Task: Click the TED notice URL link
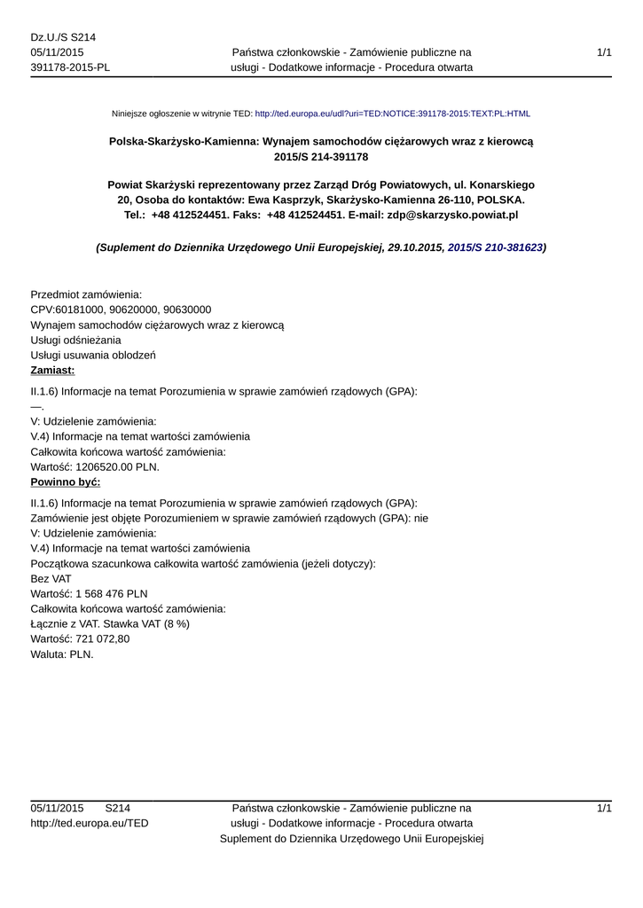392,114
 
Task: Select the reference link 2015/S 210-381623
495,248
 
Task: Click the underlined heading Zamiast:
52,371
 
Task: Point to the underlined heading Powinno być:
66,482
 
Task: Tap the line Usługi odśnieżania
75,340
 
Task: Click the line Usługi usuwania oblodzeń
93,356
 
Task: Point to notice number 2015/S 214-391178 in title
321,157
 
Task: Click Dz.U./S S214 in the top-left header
63,37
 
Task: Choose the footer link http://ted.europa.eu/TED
90,824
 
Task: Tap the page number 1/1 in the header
604,53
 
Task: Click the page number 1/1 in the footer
604,809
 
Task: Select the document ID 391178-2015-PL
70,68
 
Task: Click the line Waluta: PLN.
61,654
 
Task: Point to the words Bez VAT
51,578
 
